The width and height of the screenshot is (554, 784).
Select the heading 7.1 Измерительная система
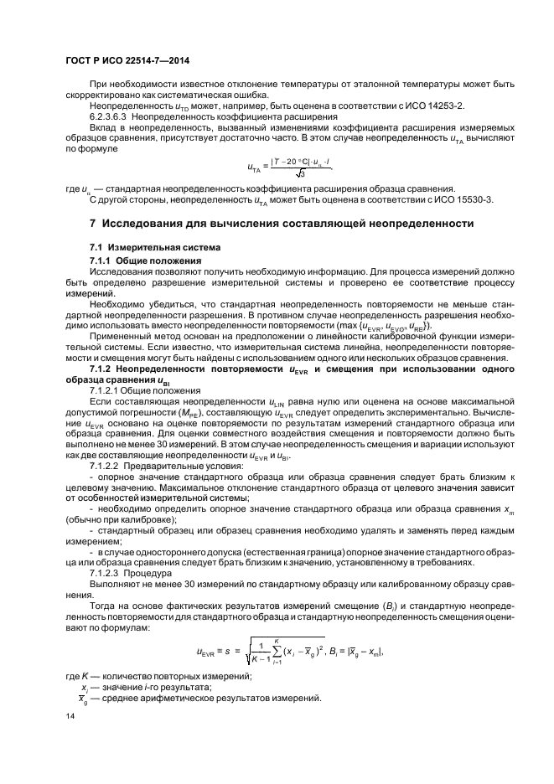143,248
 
